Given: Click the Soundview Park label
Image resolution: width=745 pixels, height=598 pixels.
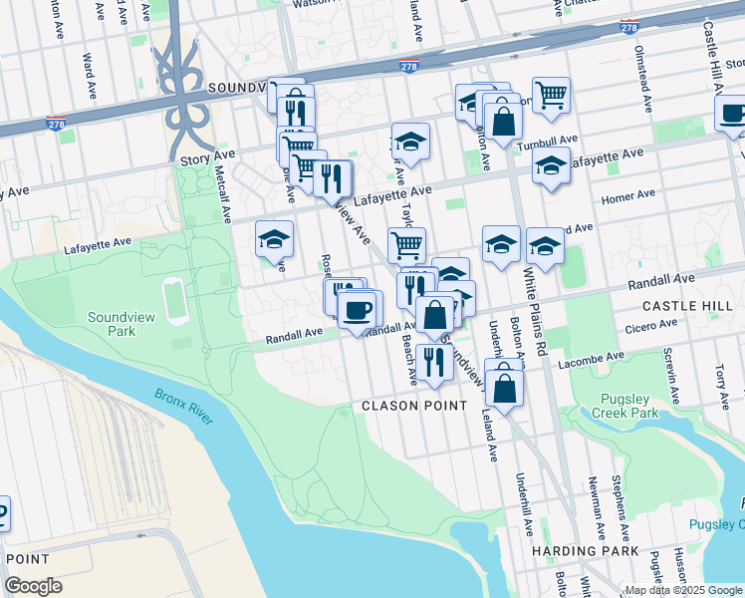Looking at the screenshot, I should coord(112,324).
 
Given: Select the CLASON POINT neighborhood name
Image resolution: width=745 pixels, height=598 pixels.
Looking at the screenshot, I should coord(413,406).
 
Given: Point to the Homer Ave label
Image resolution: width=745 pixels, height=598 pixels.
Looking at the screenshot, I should coord(628,195).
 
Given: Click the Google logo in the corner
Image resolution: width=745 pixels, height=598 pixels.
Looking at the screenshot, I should coord(34,586).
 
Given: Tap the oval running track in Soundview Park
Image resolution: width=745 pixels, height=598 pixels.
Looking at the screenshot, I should coord(176,301).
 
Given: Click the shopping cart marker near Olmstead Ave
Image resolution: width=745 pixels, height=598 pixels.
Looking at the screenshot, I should coord(551,97).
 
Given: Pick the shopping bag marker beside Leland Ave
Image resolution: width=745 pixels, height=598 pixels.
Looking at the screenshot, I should coord(505,389).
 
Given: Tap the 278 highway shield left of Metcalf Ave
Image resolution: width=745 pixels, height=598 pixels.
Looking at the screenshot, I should coord(56,125).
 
